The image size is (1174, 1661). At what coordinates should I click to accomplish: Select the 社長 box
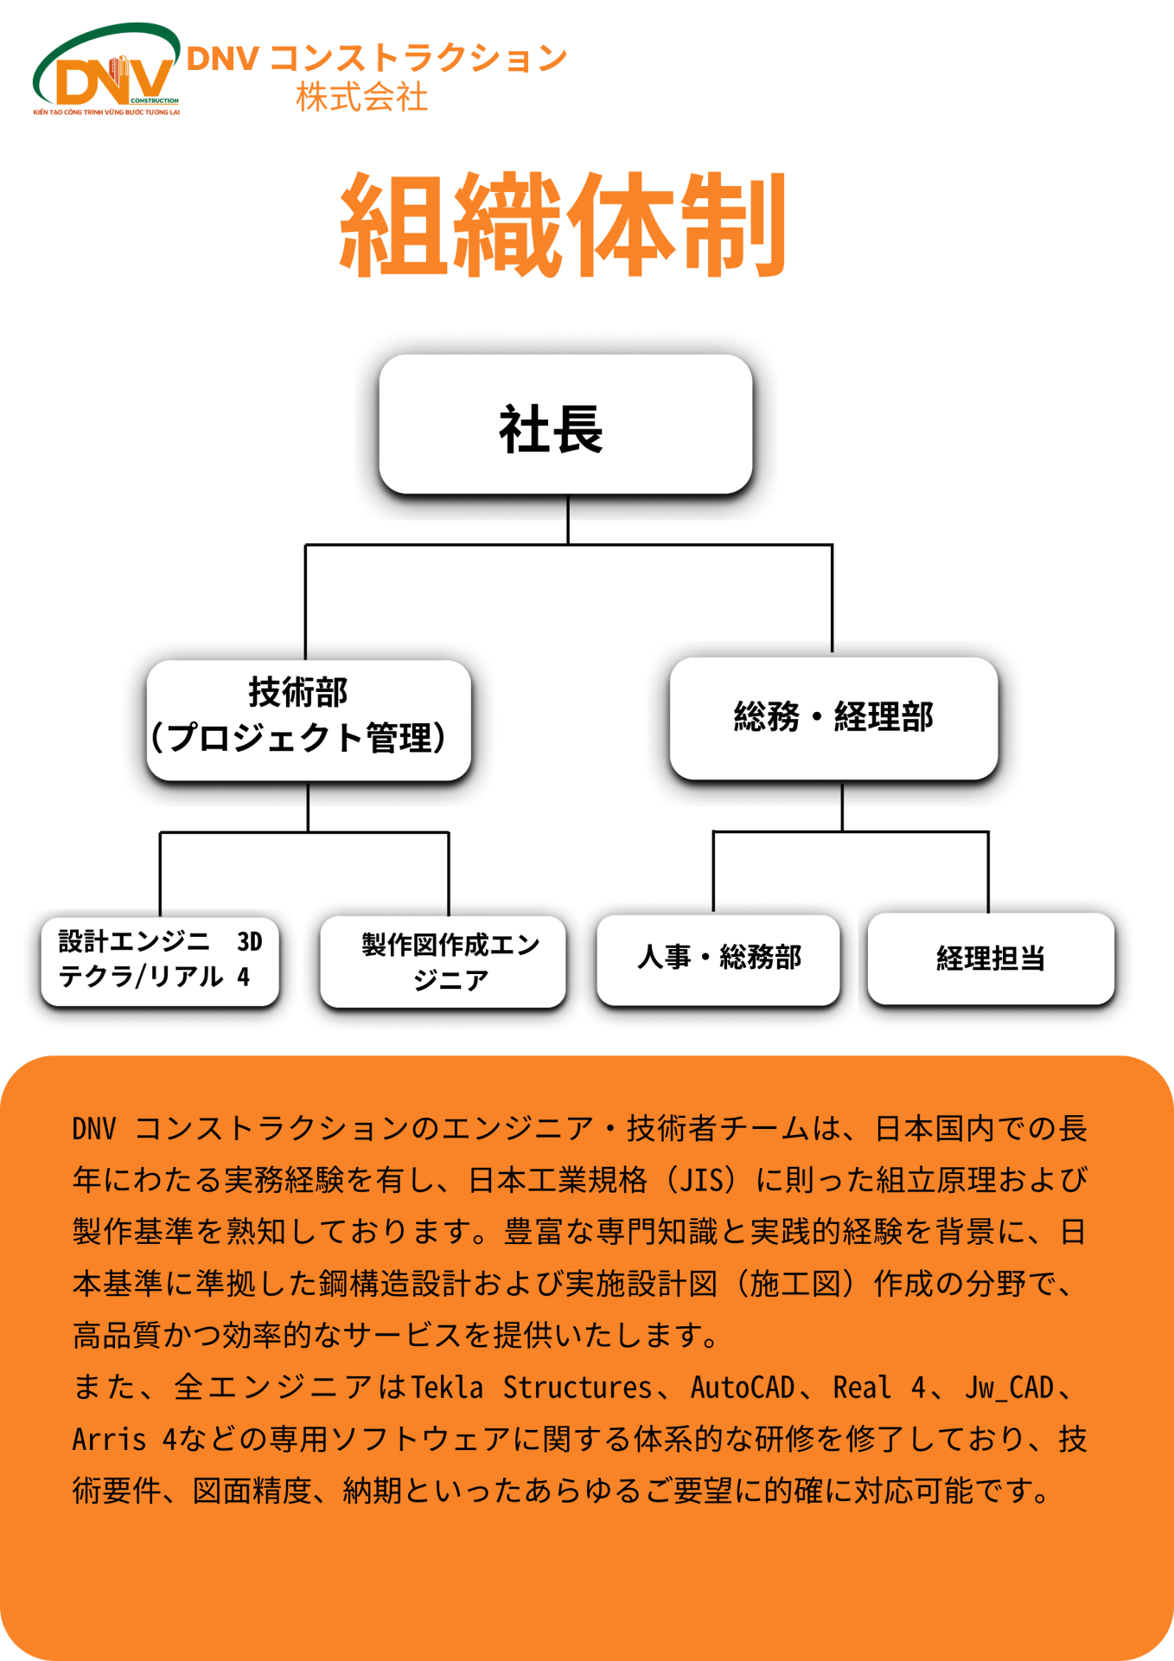coord(565,425)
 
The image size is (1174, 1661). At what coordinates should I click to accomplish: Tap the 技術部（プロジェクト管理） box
coord(309,720)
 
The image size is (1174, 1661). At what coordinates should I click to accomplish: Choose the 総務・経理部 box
coord(833,718)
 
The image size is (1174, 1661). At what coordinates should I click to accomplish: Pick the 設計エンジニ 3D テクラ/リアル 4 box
coord(160,961)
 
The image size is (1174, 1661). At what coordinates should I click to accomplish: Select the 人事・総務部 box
coord(718,959)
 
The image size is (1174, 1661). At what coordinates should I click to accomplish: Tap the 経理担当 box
coord(991,959)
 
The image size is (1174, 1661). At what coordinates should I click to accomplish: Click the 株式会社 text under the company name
coord(361,97)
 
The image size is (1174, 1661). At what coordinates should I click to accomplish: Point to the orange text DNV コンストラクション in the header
coord(377,59)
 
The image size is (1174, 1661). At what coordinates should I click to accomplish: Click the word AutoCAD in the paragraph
coord(742,1388)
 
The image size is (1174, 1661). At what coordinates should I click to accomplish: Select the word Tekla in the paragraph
coord(447,1388)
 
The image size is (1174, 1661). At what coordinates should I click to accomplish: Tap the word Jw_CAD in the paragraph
coord(1009,1388)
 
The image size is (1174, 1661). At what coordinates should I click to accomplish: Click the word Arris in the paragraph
coord(109,1440)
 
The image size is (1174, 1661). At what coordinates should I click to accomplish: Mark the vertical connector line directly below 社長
coord(568,519)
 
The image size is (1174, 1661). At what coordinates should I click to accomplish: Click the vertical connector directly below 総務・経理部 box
coord(842,805)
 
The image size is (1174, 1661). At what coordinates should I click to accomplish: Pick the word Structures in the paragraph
coord(577,1388)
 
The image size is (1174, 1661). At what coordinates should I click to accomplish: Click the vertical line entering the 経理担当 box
coord(988,872)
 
